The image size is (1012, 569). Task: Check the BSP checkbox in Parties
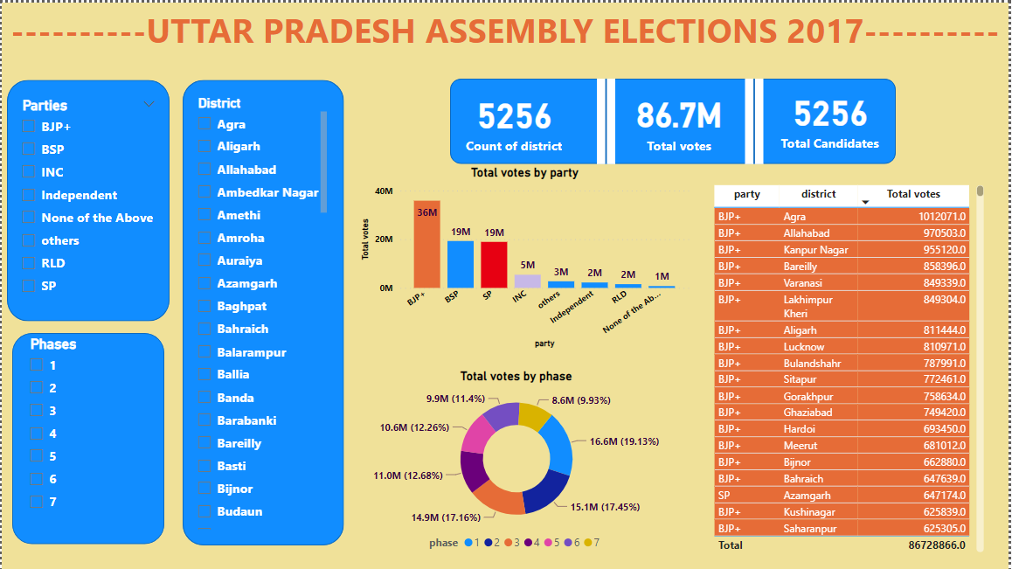click(29, 149)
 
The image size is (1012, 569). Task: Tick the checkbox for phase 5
click(37, 456)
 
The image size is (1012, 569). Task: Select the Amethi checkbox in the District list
click(204, 216)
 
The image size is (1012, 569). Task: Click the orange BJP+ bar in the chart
click(426, 244)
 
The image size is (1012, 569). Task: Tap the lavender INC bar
click(527, 281)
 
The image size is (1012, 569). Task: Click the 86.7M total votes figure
click(678, 115)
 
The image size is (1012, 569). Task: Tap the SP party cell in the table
click(724, 496)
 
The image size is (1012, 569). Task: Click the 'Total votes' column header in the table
click(913, 194)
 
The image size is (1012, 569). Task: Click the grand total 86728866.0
click(936, 545)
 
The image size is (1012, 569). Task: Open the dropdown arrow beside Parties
click(149, 105)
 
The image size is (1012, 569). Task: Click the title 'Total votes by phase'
click(516, 376)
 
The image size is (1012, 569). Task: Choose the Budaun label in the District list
click(239, 512)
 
